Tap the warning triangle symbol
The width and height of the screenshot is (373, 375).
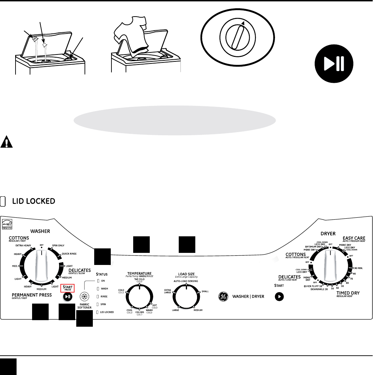(6, 142)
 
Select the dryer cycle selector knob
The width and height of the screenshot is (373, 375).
(330, 265)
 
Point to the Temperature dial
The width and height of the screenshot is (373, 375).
(139, 297)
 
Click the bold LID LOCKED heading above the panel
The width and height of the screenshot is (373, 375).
(34, 201)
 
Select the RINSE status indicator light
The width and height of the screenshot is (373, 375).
(98, 296)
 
